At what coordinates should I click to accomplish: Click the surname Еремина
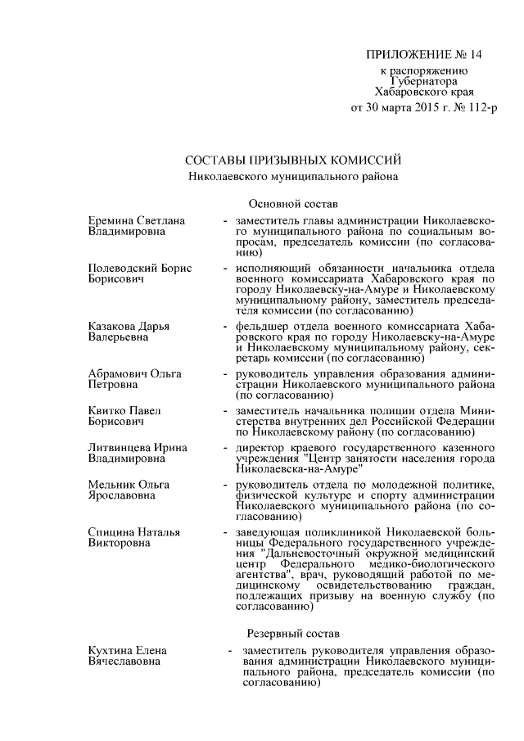pos(112,221)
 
